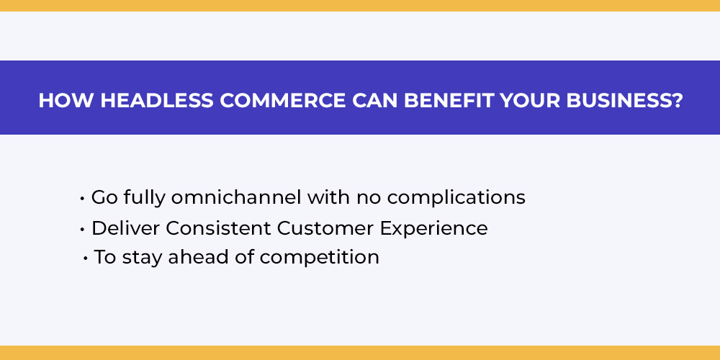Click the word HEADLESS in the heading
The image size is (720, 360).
coord(157,101)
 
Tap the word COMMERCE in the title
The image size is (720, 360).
coord(282,101)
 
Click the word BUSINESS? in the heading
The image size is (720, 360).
coord(624,101)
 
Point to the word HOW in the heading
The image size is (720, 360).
coord(67,101)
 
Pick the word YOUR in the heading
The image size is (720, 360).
coord(531,101)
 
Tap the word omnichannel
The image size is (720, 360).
coord(236,197)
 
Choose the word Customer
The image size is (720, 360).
coord(325,228)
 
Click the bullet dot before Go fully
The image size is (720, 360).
coord(82,199)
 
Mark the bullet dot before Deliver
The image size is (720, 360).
coord(82,230)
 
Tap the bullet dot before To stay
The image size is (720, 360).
coord(86,258)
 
